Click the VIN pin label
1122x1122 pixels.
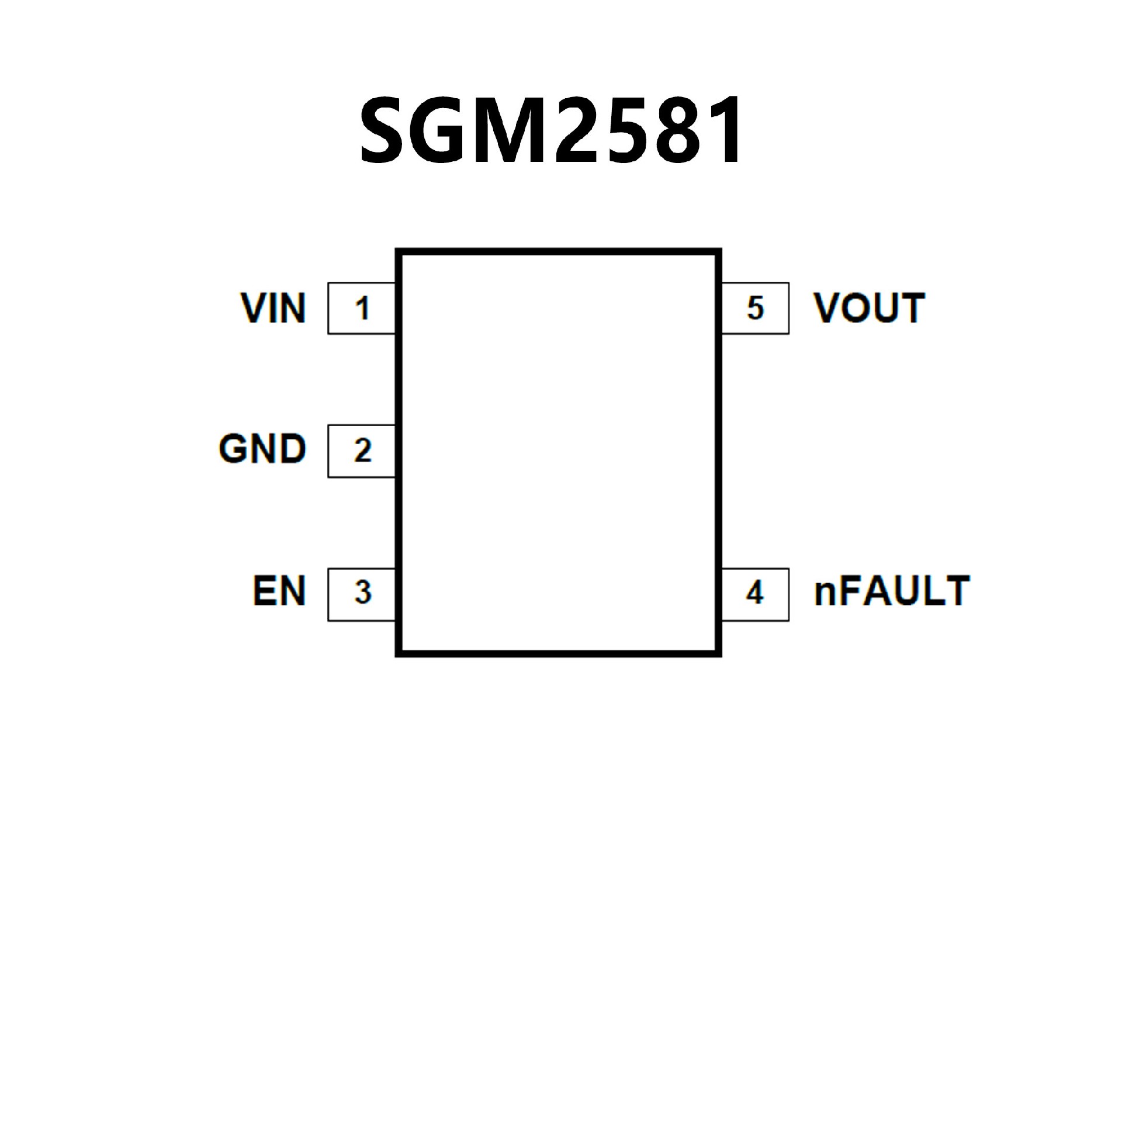(x=273, y=308)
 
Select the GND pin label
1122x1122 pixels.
(x=262, y=449)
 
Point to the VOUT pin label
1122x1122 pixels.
(x=869, y=308)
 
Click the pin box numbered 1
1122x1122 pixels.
(x=362, y=308)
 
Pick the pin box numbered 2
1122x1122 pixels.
(x=362, y=451)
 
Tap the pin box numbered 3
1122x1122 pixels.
(x=362, y=593)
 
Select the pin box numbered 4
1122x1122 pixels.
(x=755, y=593)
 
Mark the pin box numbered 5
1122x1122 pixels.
(x=755, y=308)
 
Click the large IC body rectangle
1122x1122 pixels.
(x=558, y=453)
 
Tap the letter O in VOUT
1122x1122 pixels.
(x=858, y=308)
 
